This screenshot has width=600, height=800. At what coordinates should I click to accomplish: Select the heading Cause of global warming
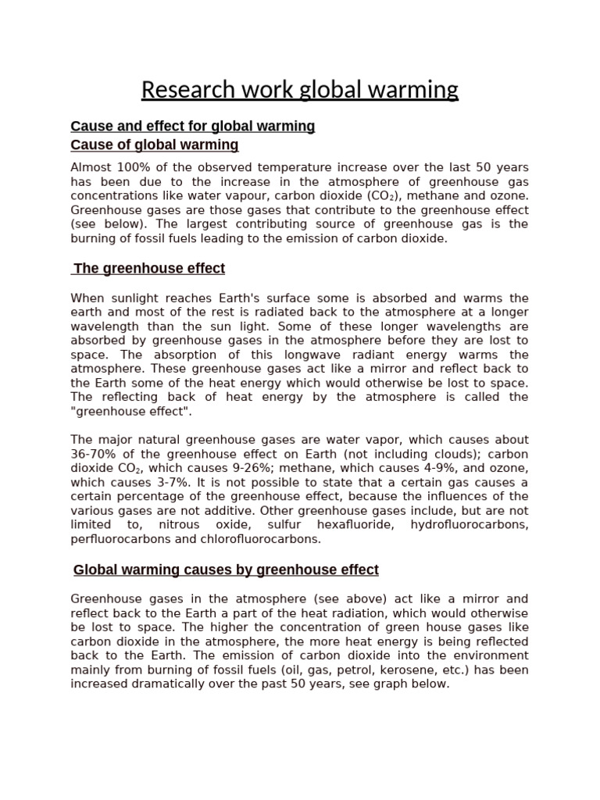[x=155, y=145]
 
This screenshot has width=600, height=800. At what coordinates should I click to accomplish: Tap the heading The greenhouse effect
[x=149, y=269]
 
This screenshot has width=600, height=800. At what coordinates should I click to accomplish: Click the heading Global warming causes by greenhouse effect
[x=226, y=570]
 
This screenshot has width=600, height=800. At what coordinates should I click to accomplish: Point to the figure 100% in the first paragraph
[x=128, y=167]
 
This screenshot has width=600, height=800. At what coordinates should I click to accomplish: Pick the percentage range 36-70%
[x=94, y=454]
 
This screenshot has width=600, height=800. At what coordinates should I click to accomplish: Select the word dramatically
[x=175, y=684]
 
